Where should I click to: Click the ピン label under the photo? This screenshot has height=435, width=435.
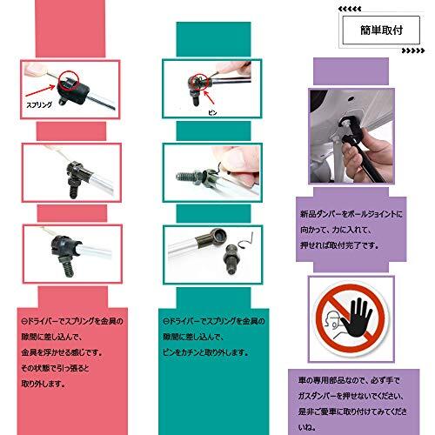211,112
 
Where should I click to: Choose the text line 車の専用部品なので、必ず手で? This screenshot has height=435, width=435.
351,379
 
